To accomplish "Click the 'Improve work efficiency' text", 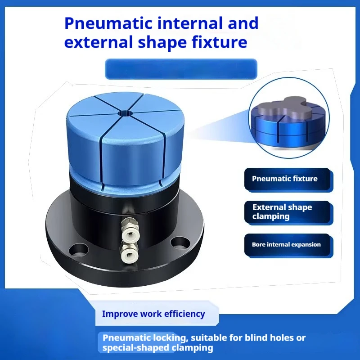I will coord(153,314).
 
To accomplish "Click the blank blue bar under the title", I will coord(181,69).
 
